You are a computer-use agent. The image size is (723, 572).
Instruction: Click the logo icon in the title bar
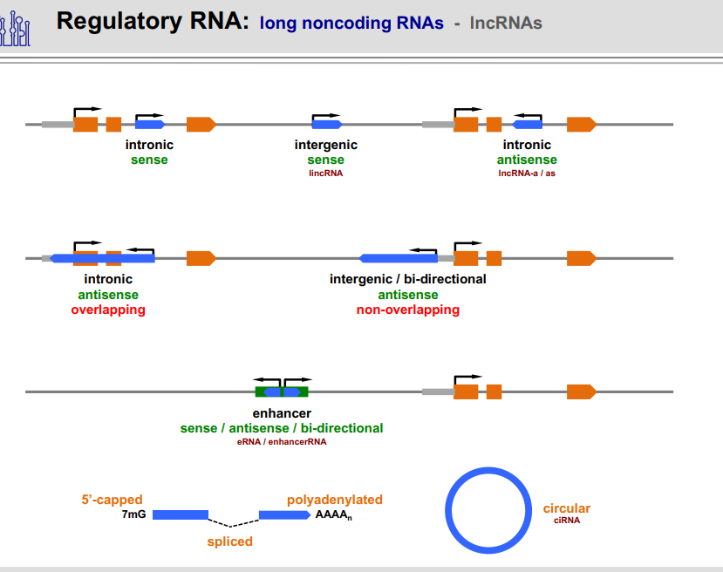(x=17, y=27)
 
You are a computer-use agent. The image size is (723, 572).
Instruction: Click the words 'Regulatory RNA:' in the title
(x=153, y=22)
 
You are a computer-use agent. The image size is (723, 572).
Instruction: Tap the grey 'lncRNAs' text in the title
(x=506, y=23)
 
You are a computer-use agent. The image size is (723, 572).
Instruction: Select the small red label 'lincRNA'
(x=326, y=174)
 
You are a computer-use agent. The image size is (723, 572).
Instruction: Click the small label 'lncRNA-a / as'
(x=527, y=174)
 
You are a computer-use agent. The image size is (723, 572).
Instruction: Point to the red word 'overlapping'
(x=108, y=310)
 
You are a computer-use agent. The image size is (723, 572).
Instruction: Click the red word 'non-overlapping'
(x=407, y=310)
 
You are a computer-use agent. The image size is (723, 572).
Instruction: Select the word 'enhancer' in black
(x=282, y=413)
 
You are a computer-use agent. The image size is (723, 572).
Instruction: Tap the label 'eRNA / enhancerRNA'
(x=282, y=442)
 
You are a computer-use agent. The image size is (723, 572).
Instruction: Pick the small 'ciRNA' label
(x=566, y=521)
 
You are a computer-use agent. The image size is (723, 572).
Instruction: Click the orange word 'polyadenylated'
(x=334, y=500)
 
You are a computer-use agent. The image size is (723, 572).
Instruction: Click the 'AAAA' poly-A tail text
(x=334, y=515)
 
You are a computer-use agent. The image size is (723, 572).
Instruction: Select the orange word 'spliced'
(x=229, y=541)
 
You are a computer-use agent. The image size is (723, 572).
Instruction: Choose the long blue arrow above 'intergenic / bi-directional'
(x=399, y=258)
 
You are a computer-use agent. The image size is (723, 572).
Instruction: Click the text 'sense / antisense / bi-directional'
(x=282, y=428)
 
